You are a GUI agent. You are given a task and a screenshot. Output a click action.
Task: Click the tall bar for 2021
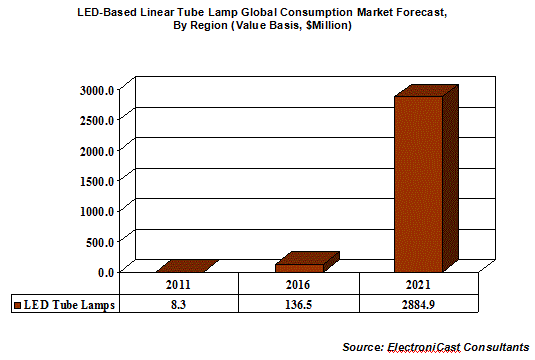pos(426,178)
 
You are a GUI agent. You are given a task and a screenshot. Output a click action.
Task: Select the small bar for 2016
pos(307,262)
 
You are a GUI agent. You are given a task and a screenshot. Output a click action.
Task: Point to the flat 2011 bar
pos(187,266)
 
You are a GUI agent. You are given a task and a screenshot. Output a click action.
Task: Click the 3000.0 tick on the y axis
pos(97,90)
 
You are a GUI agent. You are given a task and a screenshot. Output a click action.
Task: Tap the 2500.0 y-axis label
pos(97,120)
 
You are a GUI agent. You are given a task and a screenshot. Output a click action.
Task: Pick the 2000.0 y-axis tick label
pos(97,151)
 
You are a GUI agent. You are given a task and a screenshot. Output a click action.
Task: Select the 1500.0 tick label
pos(97,181)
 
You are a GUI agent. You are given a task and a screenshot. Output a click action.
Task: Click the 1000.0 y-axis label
pos(97,212)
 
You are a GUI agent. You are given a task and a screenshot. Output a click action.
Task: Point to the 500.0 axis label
pos(100,242)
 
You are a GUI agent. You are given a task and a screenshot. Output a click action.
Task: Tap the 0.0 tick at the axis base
pos(106,272)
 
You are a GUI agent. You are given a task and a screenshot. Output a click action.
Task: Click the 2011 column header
pos(178,285)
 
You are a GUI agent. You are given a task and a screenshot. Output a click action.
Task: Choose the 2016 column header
pos(298,285)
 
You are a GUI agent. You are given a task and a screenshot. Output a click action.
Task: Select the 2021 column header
pos(418,285)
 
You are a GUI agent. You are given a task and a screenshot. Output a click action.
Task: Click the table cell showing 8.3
pos(178,304)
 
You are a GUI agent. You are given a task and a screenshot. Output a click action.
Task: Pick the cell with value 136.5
pos(298,304)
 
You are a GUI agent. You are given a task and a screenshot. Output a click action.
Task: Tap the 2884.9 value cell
pos(418,304)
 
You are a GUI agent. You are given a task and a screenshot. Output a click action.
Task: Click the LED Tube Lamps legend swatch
pos(17,305)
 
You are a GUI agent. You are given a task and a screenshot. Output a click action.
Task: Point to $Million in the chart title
pos(328,26)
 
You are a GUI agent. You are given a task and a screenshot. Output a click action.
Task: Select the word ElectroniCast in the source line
pos(424,347)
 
